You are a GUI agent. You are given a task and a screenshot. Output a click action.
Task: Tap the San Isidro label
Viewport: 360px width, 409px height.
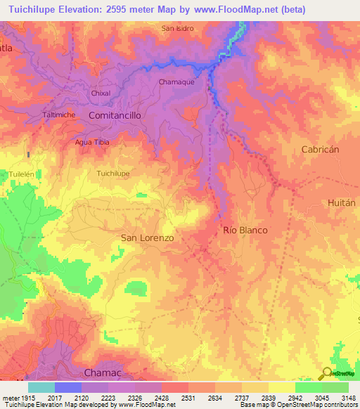tap(177, 29)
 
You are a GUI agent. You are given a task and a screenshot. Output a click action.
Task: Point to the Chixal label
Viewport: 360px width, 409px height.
tap(101, 93)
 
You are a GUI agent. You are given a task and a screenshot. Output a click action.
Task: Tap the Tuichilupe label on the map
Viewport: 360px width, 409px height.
tap(113, 173)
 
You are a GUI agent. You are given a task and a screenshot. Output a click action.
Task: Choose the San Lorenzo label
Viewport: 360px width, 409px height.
tap(148, 238)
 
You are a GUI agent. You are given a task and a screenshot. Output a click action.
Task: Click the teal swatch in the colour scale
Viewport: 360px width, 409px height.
tap(41, 387)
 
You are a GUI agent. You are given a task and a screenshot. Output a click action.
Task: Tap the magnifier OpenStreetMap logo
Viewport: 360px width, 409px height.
tap(326, 373)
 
